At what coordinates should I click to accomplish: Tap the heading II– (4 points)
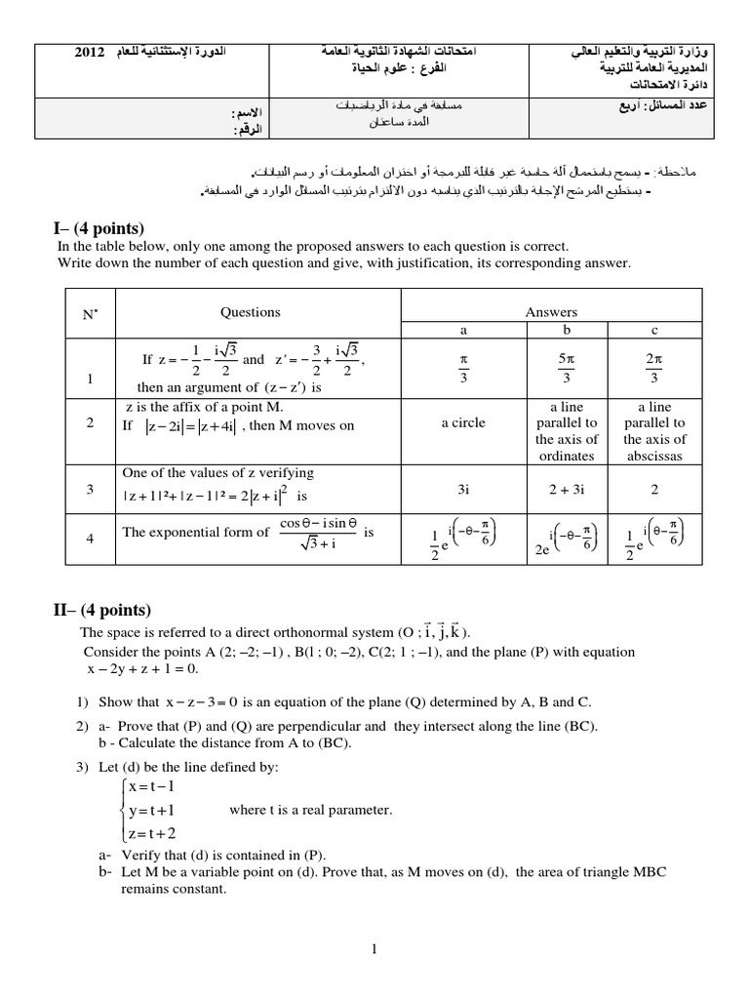coord(99,611)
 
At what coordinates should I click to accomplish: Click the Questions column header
coord(251,312)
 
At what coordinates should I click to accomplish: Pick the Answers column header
coord(551,312)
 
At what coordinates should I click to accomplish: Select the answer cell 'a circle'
coord(463,423)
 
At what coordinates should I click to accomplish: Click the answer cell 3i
coord(463,490)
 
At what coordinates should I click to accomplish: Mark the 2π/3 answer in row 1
coord(654,369)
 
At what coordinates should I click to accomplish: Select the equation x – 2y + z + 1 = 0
coord(142,668)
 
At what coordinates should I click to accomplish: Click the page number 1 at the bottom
coord(374,947)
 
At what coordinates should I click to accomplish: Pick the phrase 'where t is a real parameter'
coord(310,810)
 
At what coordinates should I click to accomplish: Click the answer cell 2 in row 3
coord(654,490)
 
